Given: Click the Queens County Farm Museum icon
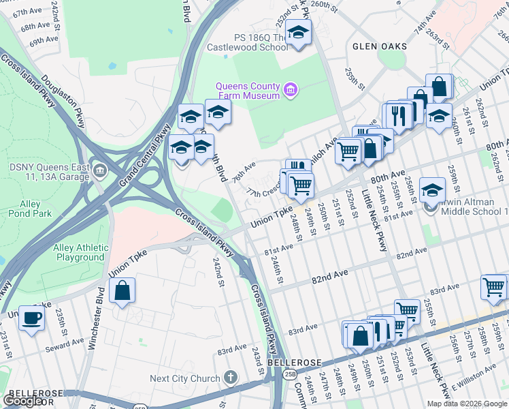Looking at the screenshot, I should [291, 90].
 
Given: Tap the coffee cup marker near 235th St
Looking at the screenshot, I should [31, 318].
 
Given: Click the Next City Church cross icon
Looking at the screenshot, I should [231, 378].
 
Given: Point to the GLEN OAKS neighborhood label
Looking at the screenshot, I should [380, 46].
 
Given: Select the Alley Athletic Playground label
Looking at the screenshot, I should [80, 252].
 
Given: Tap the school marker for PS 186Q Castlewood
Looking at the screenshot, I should [297, 32].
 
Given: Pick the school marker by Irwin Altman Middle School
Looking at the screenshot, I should [431, 190].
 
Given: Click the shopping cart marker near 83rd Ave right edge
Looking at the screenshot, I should [493, 286].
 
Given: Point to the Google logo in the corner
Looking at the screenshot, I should [22, 401].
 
